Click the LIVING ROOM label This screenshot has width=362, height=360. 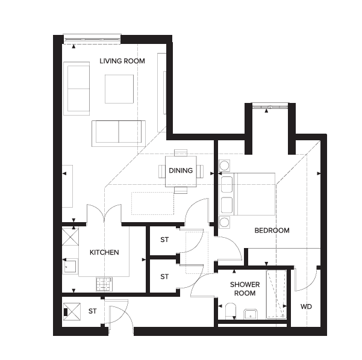coord(122,61)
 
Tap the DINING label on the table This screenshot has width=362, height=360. coord(181,170)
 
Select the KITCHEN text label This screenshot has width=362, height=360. coord(104,252)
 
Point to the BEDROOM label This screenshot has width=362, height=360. coord(272,231)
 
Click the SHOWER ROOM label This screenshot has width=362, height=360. coord(245,289)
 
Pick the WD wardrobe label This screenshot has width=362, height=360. coord(306,306)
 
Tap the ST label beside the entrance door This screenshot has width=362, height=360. coord(92,311)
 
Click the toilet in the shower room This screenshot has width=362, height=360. coord(231,311)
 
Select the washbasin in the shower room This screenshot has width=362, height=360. coord(251,314)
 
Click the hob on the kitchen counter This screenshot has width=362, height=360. coord(104,284)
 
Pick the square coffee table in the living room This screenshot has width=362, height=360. coord(119,89)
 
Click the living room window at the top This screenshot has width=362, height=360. coord(92,40)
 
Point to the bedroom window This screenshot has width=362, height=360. coord(270,107)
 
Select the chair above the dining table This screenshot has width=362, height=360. coord(181,153)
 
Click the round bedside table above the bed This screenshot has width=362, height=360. coord(224,166)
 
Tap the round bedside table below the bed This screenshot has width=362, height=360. coord(224,223)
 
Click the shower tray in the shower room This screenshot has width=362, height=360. coord(276,294)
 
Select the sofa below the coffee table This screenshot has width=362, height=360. coord(119,134)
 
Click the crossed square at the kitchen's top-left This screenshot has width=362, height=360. coord(70,237)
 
